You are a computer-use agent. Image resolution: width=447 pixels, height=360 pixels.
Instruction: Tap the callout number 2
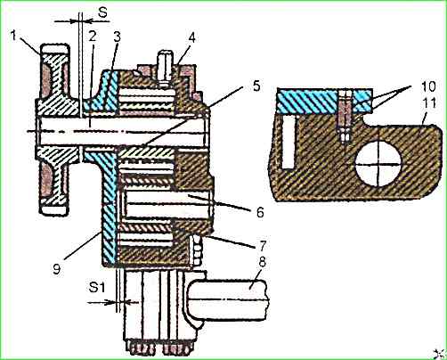tap(93, 37)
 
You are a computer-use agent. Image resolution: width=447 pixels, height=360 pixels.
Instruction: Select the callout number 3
tap(117, 37)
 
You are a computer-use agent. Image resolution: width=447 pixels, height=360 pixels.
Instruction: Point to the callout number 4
tap(192, 38)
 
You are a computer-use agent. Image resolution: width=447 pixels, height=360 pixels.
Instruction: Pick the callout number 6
tap(260, 212)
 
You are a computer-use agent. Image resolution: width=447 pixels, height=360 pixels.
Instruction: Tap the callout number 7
tap(262, 245)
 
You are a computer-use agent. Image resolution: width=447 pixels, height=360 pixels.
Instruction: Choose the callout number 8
tap(262, 262)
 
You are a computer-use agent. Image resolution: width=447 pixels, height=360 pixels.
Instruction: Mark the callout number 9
tap(56, 269)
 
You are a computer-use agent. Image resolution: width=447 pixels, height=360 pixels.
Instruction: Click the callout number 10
tap(427, 86)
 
